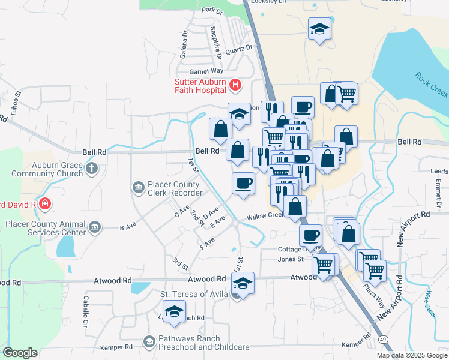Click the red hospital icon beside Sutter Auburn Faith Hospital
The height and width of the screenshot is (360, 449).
click(235, 86)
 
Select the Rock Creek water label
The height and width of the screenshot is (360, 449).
click(431, 85)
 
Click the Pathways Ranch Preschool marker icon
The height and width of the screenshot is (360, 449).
click(149, 342)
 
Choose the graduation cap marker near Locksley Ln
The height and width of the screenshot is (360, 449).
click(319, 28)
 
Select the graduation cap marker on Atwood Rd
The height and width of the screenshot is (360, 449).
click(243, 283)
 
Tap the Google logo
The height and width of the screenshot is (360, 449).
click(20, 353)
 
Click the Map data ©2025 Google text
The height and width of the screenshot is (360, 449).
click(411, 355)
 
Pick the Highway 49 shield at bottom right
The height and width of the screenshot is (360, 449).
click(382, 340)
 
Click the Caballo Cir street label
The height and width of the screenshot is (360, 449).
click(85, 311)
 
